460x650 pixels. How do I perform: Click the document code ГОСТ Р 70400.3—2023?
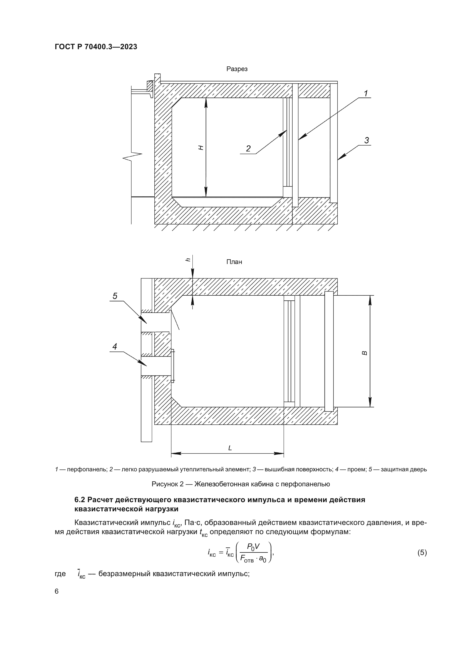point(96,47)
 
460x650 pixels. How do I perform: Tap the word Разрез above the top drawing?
point(237,69)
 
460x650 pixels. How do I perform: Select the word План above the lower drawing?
point(234,262)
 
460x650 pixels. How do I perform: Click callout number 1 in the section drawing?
point(366,93)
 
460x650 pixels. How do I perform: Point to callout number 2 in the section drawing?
point(248,149)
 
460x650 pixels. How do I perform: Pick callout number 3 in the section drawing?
point(367,140)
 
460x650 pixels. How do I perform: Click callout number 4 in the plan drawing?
point(115,347)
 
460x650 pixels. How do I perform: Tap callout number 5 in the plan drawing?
point(115,296)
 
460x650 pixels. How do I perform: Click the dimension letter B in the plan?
point(365,353)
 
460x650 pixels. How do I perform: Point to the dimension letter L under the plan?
point(230,448)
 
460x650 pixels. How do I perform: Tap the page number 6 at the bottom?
point(57,591)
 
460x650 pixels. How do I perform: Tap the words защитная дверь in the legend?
point(403,470)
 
